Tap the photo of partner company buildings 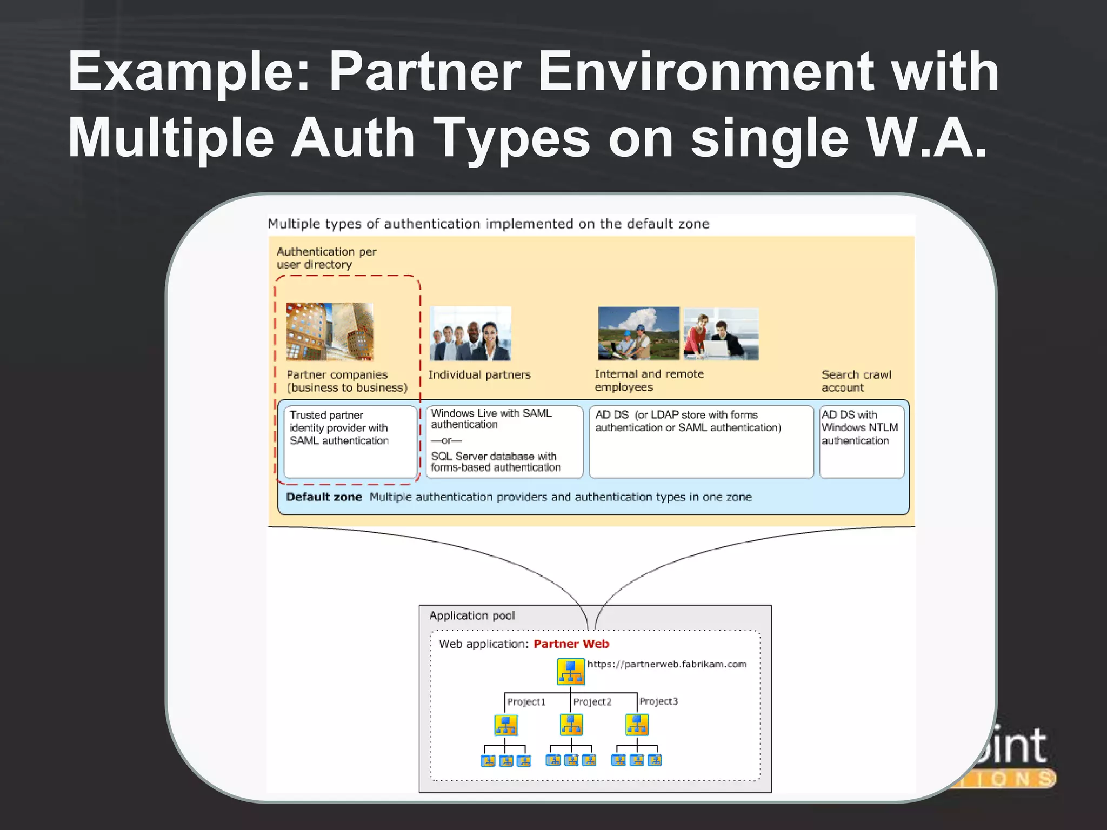coord(330,332)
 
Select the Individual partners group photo coord(470,334)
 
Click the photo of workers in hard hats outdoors coord(638,333)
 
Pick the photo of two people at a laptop coord(721,334)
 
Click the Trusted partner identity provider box coord(350,441)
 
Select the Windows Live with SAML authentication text coord(491,419)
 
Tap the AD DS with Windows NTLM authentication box coord(862,441)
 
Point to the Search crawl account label coord(856,381)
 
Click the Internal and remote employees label coord(649,380)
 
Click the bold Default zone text coord(324,497)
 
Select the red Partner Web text coord(571,644)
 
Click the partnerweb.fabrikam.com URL coord(667,664)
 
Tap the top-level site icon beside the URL coord(571,672)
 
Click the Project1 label coord(526,702)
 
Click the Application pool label coord(472,615)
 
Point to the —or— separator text coord(446,440)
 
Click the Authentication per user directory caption coord(326,258)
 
